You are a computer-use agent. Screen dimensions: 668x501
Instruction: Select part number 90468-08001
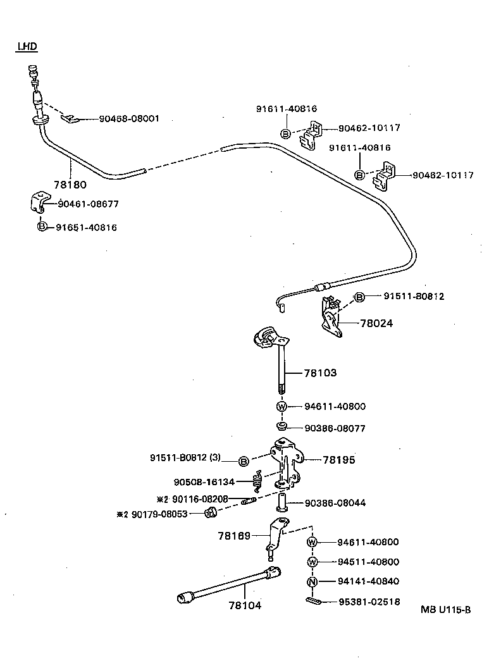click(x=129, y=118)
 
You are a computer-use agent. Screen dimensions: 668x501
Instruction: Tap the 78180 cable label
click(x=70, y=185)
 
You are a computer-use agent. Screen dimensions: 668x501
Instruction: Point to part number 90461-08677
click(x=88, y=204)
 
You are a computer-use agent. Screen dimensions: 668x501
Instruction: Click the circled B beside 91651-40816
click(x=42, y=227)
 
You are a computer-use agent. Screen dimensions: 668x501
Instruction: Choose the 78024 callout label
click(x=376, y=323)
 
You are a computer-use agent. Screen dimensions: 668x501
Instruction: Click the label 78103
click(x=320, y=373)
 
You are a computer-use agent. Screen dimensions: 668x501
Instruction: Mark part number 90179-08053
click(x=160, y=514)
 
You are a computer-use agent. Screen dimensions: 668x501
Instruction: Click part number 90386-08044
click(x=335, y=503)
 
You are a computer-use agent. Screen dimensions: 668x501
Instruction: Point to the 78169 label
click(x=235, y=535)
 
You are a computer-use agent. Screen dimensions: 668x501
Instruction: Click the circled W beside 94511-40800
click(x=312, y=562)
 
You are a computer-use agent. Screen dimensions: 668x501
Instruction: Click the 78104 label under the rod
click(x=245, y=605)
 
